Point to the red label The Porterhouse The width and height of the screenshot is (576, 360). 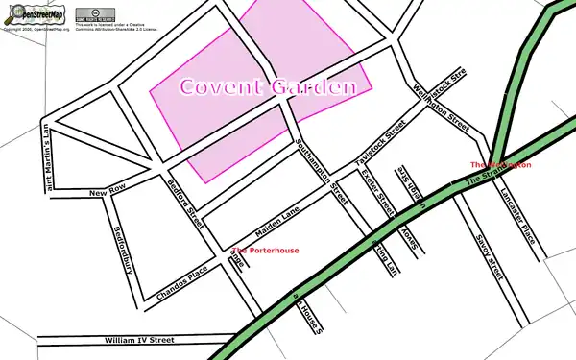tap(265, 251)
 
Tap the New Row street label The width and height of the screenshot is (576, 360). tap(108, 194)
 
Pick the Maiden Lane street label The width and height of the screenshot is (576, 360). tap(277, 223)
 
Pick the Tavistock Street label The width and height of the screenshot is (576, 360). tap(381, 144)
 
